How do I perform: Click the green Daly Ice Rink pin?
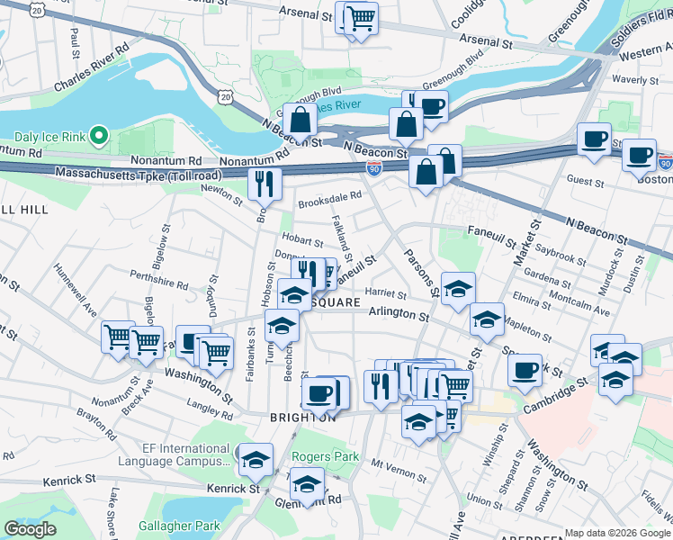100,137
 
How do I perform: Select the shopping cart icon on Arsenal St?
360,17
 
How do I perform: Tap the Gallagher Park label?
180,525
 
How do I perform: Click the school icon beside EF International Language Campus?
256,459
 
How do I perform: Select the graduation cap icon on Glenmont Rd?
307,484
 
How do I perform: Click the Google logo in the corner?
30,529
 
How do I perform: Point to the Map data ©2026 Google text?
617,533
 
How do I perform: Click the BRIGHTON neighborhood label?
302,418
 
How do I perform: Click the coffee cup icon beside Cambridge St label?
526,369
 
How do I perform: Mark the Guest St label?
585,181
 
